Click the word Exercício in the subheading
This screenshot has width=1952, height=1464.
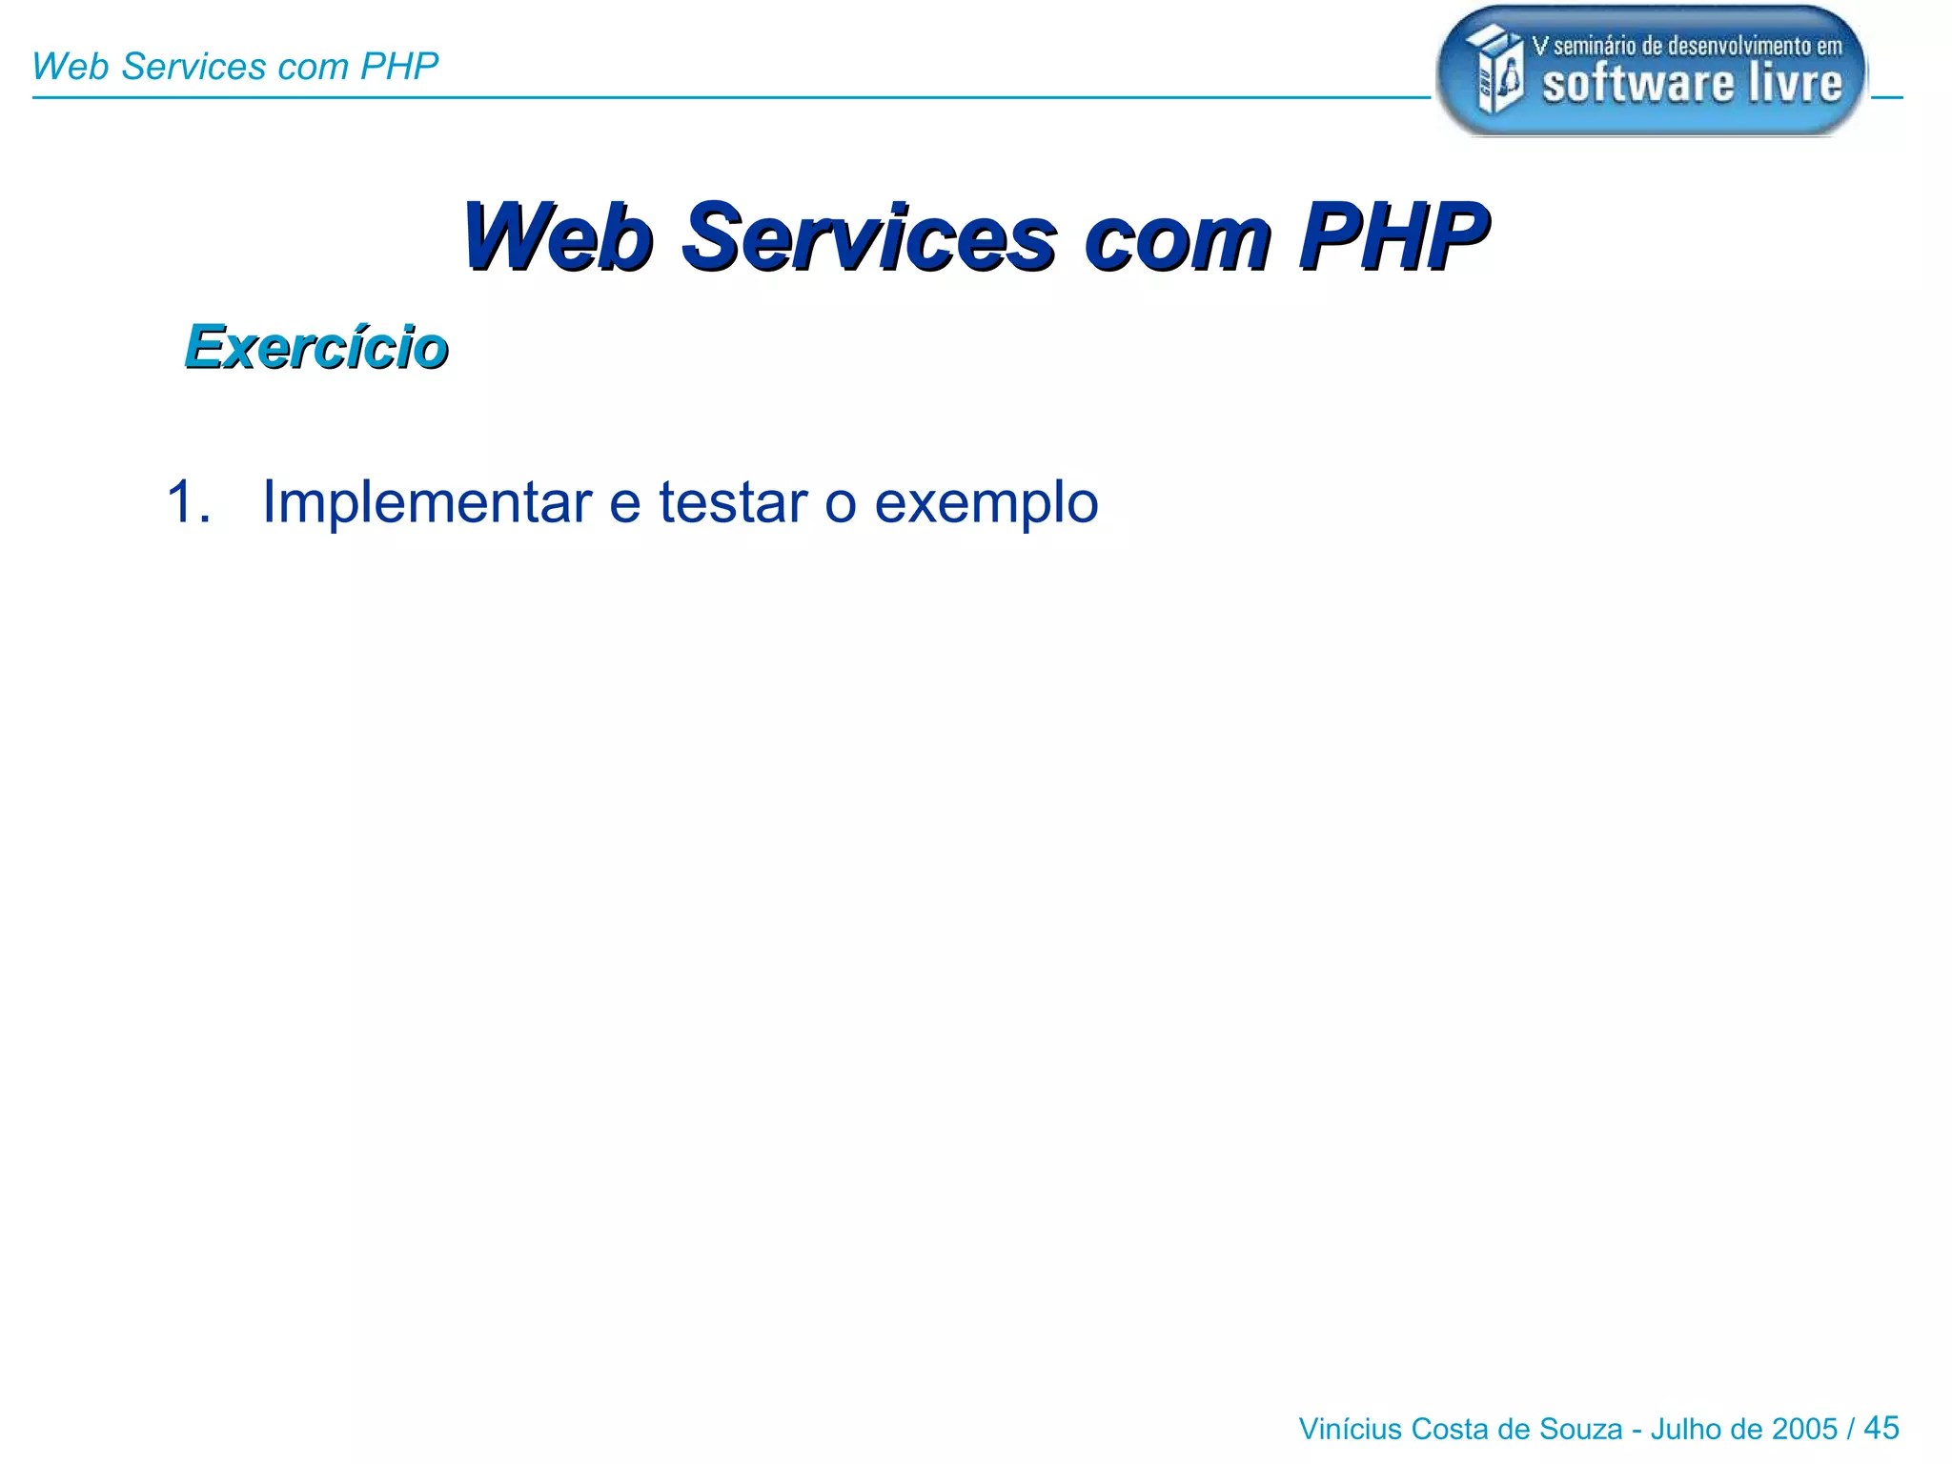316,346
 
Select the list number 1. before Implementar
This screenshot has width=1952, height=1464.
188,501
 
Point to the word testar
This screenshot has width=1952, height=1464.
732,502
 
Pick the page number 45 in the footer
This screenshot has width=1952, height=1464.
1881,1428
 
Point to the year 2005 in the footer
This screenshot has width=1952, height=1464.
1804,1430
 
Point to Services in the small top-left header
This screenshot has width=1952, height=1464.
193,67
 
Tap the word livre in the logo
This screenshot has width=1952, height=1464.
1795,83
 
